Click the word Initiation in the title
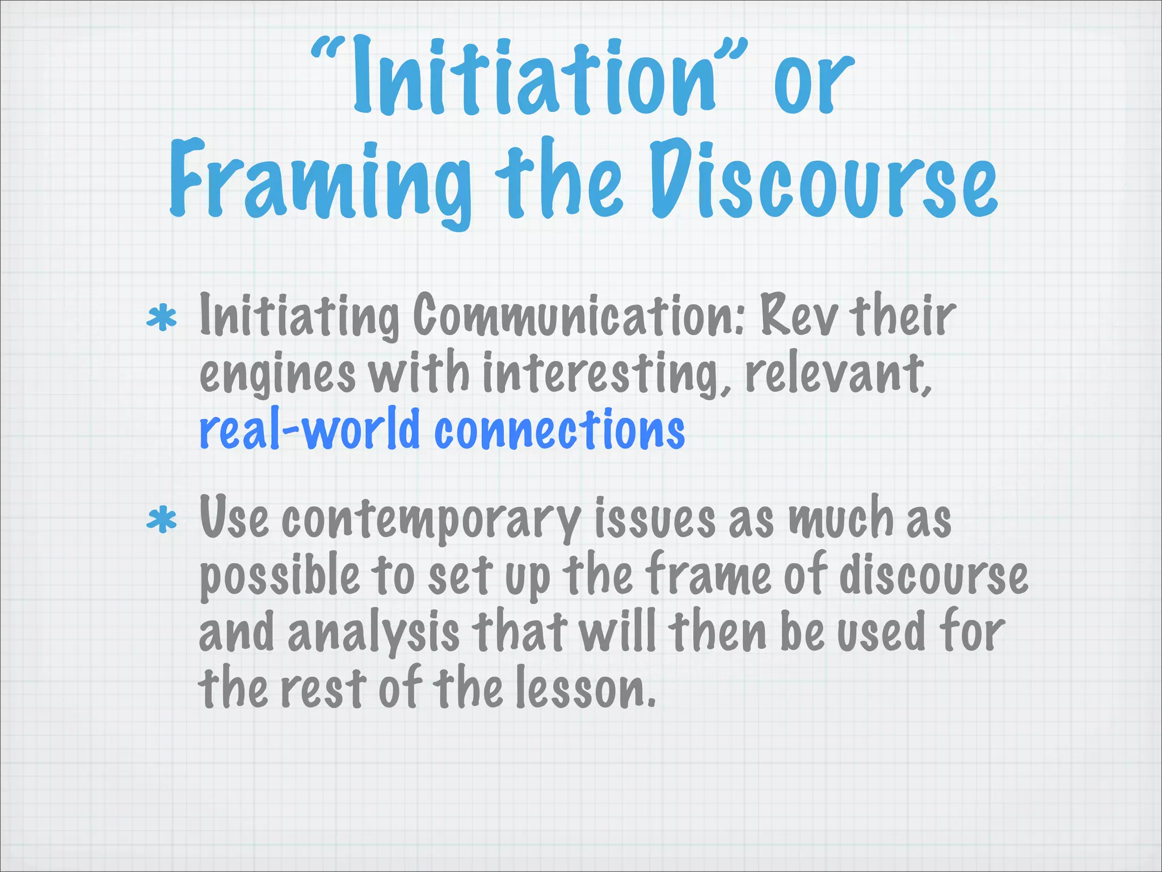tap(533, 79)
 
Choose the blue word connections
tap(559, 429)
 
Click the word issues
tap(655, 518)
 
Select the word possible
tap(279, 577)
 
